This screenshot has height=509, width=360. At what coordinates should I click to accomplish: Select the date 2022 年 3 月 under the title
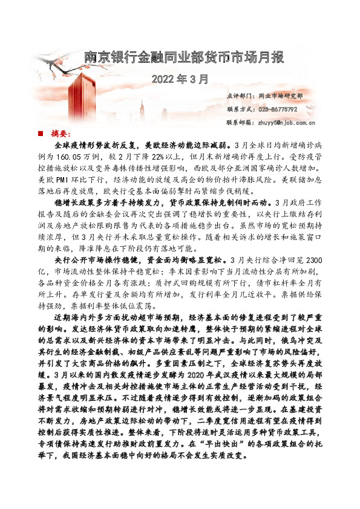point(180,79)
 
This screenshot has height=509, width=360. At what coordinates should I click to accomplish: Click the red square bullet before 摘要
point(40,133)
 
